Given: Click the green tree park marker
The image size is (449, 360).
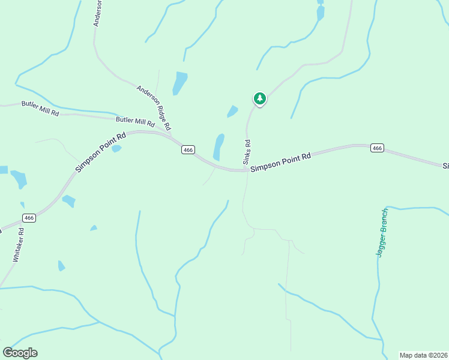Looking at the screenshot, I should coord(259,98).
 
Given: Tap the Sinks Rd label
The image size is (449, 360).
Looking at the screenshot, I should coord(247,152).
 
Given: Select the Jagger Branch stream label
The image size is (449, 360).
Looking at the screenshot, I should coord(382,233).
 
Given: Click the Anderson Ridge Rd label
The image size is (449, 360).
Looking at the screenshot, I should coord(154,108).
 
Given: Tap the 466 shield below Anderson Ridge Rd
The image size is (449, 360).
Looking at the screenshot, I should coord(188,151).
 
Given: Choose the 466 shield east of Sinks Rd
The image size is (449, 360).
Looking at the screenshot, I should coord(376,148).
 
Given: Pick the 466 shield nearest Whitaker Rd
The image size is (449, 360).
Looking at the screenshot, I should coord(29,218).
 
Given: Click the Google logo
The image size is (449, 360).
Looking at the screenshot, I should coord(20,353).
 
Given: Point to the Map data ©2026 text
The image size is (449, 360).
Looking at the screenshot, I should coord(423,355).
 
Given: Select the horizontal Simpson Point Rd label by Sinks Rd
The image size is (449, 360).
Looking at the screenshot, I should coord(280,162).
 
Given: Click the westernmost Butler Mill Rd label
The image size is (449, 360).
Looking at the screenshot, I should coord(40,109).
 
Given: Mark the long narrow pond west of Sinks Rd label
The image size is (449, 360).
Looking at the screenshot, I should coord(218,147).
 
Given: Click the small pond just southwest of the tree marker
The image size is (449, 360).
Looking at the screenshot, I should coord(232,112).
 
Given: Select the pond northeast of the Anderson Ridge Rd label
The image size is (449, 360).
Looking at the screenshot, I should coord(179,83).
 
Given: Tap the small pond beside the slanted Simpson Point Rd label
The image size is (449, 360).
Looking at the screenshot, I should coord(116,148).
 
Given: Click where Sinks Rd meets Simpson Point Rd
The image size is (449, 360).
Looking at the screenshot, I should coord(246,170).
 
